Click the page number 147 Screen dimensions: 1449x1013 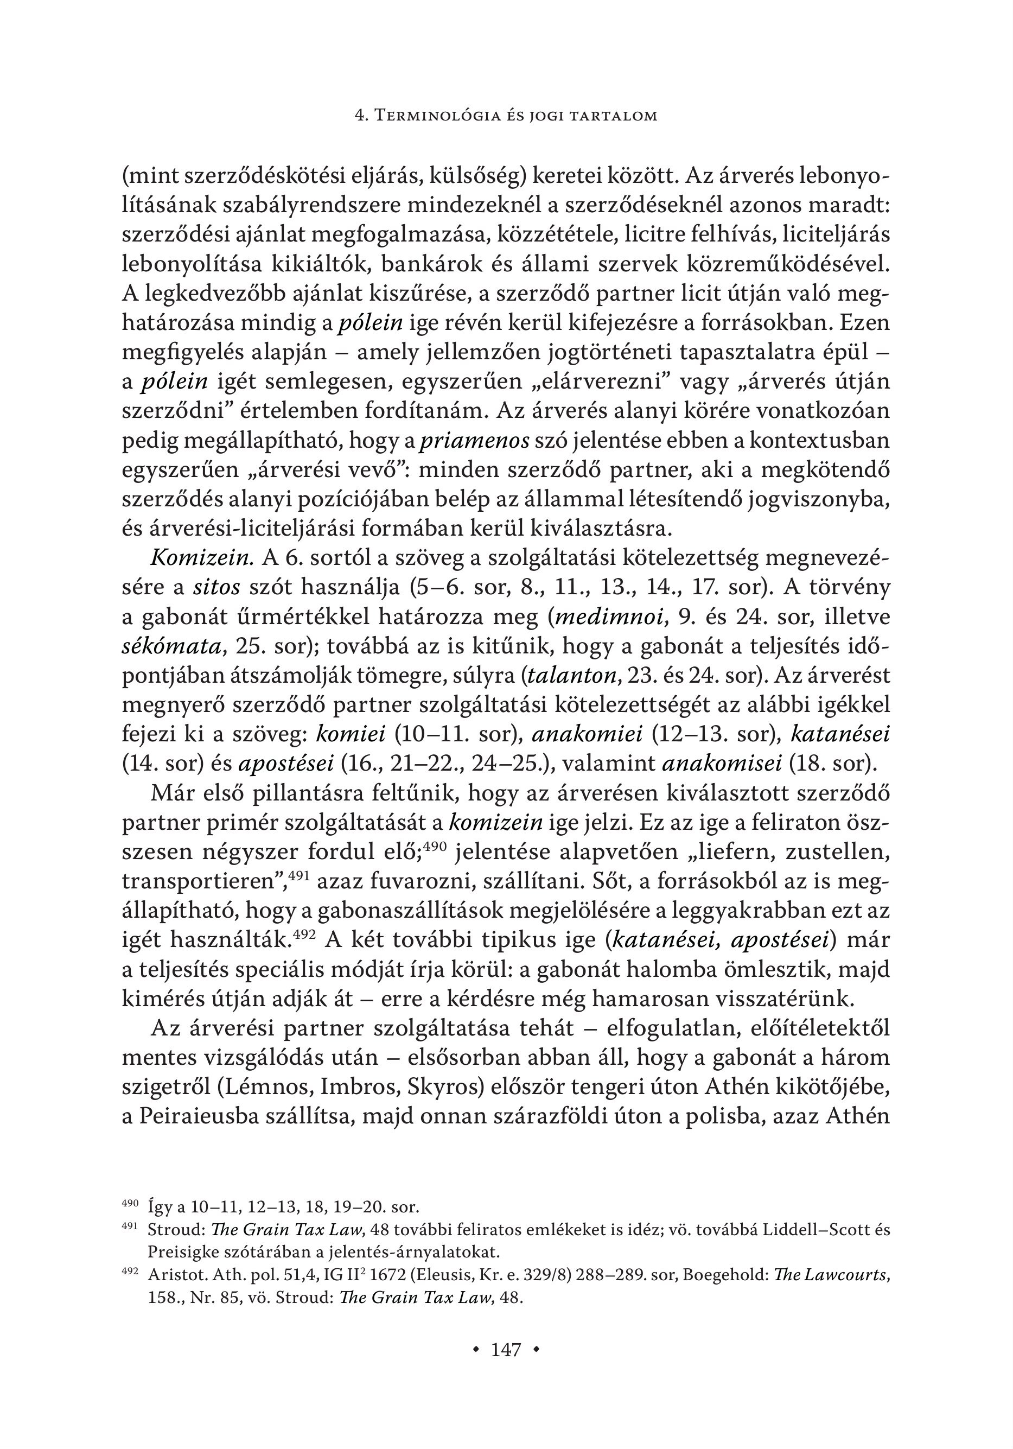click(506, 1349)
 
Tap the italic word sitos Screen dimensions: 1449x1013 click(216, 588)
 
